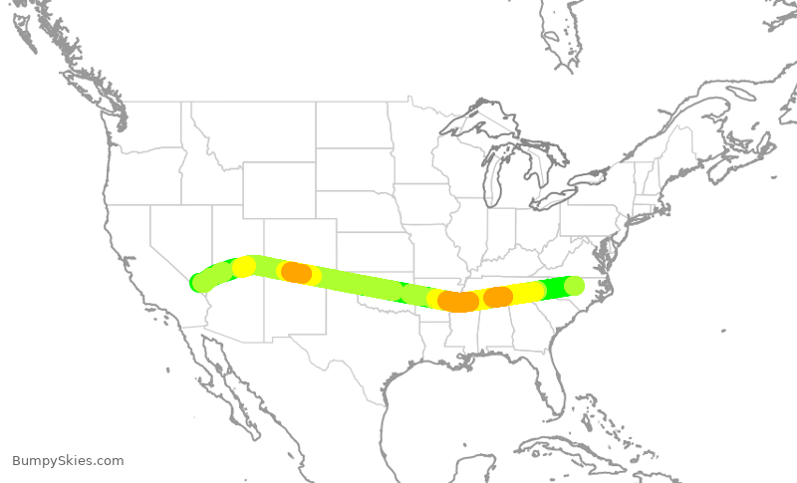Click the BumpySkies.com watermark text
click(x=68, y=461)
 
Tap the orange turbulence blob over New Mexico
click(x=296, y=272)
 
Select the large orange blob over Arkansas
click(x=458, y=301)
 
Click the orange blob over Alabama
click(x=498, y=297)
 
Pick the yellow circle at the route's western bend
click(x=244, y=266)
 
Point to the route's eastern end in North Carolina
click(x=574, y=286)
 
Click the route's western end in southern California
click(x=198, y=283)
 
